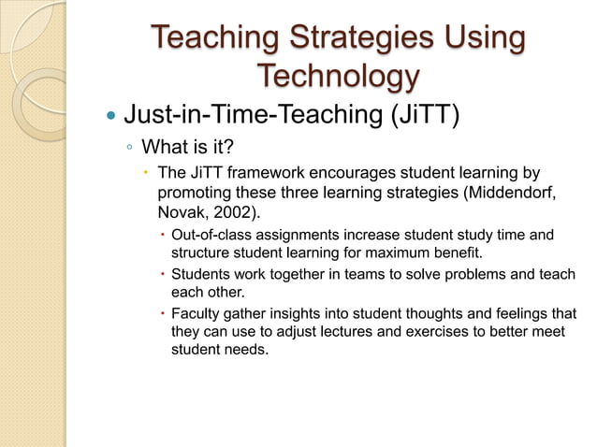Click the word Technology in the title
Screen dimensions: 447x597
(336, 76)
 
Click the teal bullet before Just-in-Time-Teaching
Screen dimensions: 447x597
(110, 117)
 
